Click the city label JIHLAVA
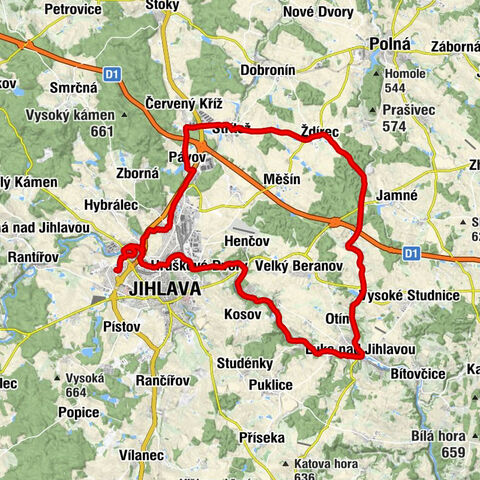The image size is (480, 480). (x=164, y=288)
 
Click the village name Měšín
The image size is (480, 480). (x=280, y=177)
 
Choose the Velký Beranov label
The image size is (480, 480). (x=299, y=267)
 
